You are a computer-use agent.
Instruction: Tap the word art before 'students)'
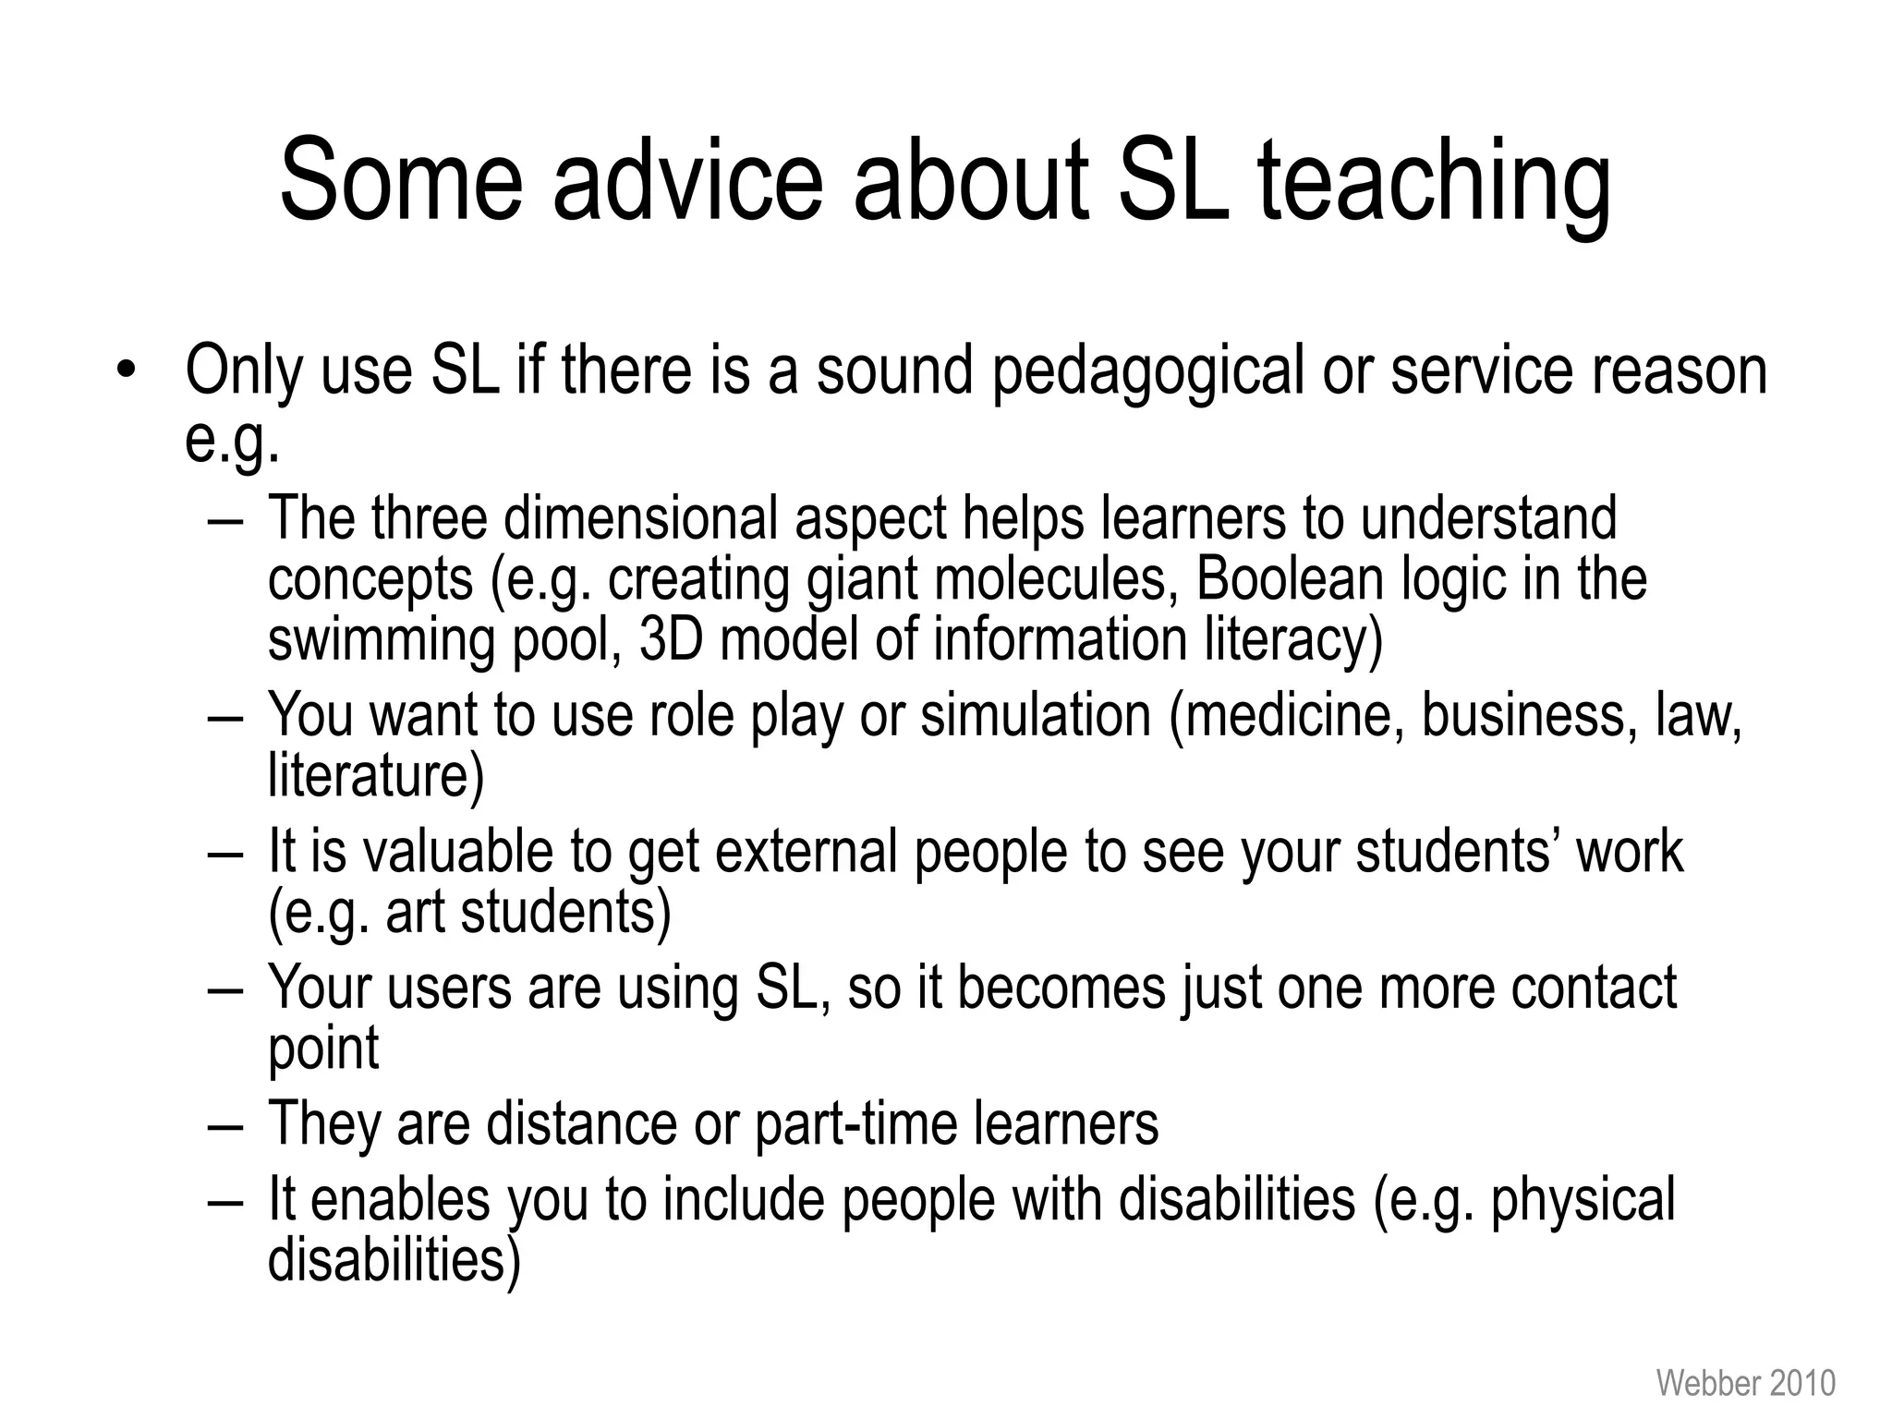coord(415,912)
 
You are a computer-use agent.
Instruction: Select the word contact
coord(1594,988)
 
